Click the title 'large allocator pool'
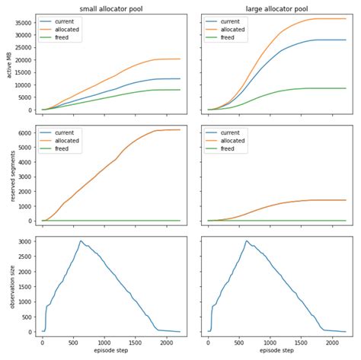pyautogui.click(x=277, y=8)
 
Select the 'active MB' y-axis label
pyautogui.click(x=8, y=64)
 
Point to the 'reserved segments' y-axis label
pyautogui.click(x=8, y=177)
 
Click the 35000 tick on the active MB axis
pyautogui.click(x=24, y=23)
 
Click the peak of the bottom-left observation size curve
pyautogui.click(x=81, y=241)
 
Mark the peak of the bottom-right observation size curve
pyautogui.click(x=246, y=241)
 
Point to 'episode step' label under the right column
pyautogui.click(x=277, y=352)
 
